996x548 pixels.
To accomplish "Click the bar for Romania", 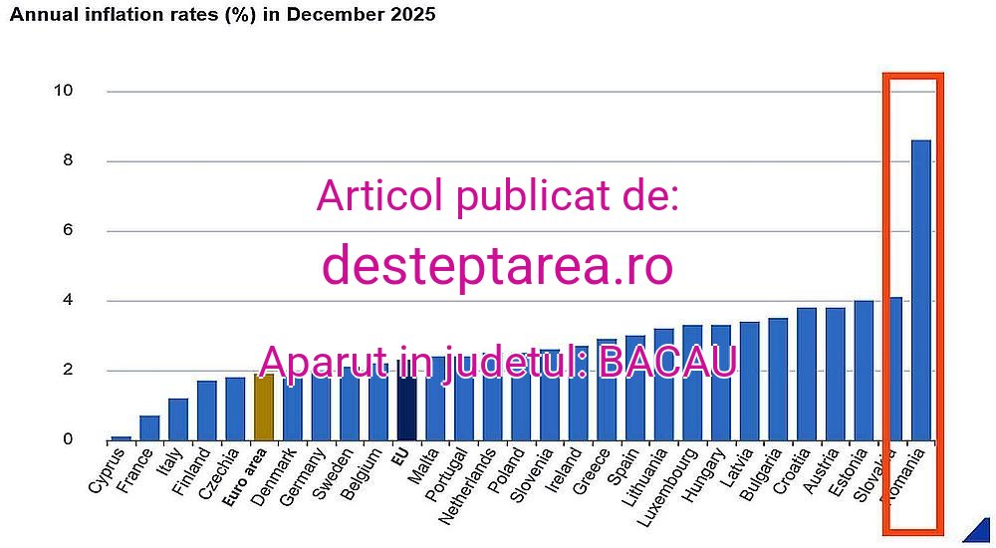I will pyautogui.click(x=921, y=290).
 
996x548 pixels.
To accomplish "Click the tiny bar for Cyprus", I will pyautogui.click(x=121, y=437).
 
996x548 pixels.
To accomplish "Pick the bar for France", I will pyautogui.click(x=149, y=427).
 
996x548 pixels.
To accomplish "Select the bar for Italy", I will pyautogui.click(x=178, y=418).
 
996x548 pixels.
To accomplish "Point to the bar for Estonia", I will pyautogui.click(x=864, y=370).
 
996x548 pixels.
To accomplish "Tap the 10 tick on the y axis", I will pyautogui.click(x=63, y=91).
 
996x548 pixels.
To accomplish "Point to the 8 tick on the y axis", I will pyautogui.click(x=66, y=160).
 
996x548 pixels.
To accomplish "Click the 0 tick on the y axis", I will pyautogui.click(x=66, y=439).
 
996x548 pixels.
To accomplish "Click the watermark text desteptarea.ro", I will pyautogui.click(x=497, y=265).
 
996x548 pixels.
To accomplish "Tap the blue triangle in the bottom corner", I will pyautogui.click(x=978, y=533).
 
